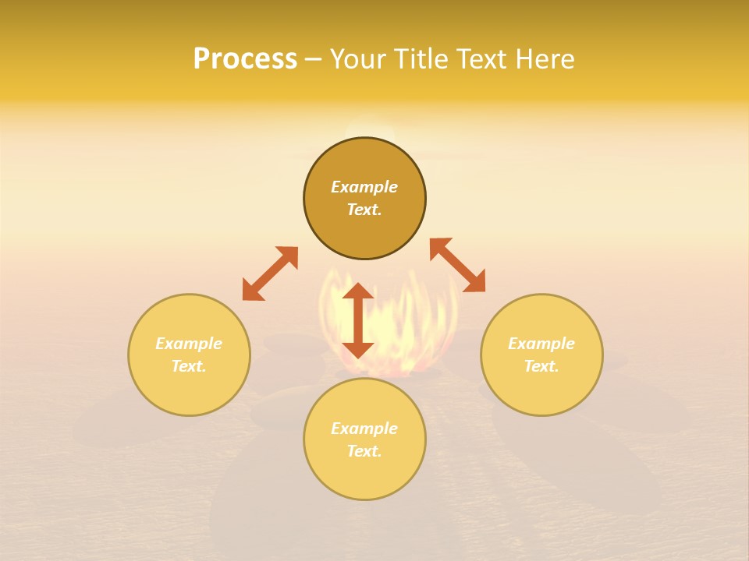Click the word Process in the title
pyautogui.click(x=245, y=59)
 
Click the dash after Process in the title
pyautogui.click(x=313, y=60)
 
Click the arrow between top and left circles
pyautogui.click(x=270, y=273)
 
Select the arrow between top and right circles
pyautogui.click(x=458, y=265)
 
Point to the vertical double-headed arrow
pyautogui.click(x=358, y=320)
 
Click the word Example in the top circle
pyautogui.click(x=364, y=187)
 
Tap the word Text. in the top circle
pyautogui.click(x=364, y=210)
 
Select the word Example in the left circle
pyautogui.click(x=189, y=344)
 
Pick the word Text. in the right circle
pyautogui.click(x=541, y=366)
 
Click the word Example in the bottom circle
pyautogui.click(x=364, y=429)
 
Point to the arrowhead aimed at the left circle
pyautogui.click(x=252, y=291)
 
